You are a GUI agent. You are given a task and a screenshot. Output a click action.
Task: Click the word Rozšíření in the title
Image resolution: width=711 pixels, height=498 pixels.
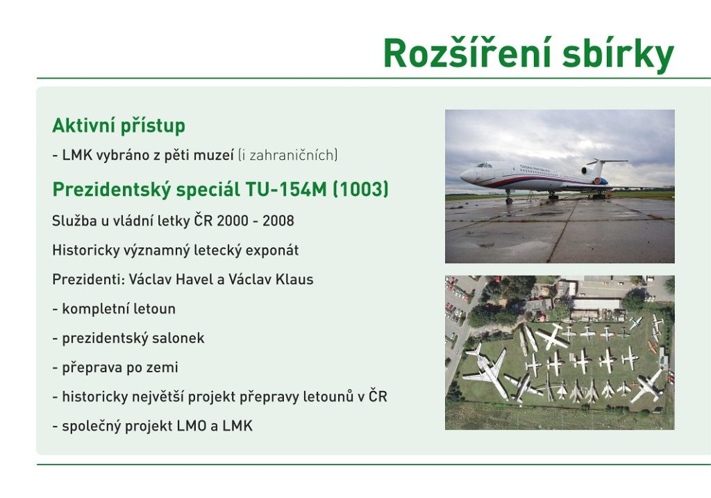tap(468, 53)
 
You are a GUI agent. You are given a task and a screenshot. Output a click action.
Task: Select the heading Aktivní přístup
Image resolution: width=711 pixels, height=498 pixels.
tap(119, 126)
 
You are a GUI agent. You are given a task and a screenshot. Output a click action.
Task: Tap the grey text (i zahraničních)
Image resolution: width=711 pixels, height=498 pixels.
tap(288, 155)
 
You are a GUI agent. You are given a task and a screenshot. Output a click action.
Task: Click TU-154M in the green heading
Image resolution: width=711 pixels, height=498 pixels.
tap(285, 189)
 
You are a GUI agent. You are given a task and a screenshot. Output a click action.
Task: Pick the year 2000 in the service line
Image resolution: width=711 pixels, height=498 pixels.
tap(233, 221)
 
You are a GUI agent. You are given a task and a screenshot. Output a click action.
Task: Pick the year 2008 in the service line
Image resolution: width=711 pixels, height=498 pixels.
tap(278, 221)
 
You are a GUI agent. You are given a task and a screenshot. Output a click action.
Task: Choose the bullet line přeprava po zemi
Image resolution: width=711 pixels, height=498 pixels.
tap(115, 368)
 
